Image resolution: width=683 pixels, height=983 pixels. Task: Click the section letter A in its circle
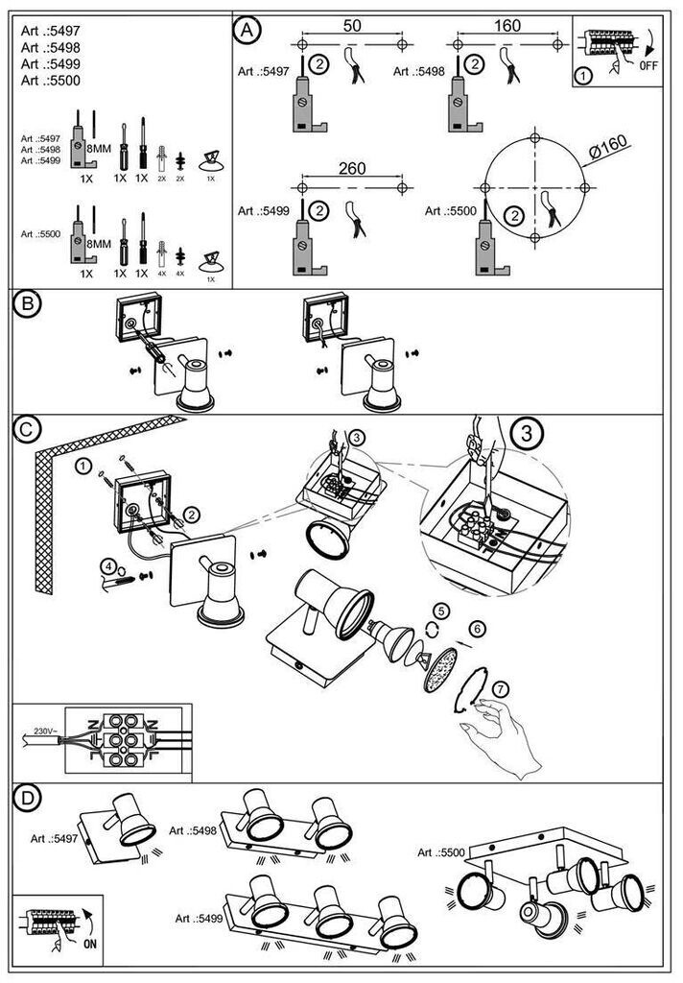point(247,31)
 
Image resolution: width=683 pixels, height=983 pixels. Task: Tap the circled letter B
point(29,304)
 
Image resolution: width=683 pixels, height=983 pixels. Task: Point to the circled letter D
point(29,800)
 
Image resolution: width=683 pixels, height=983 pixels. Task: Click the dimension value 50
point(352,26)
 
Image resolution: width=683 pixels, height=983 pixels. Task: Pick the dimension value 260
point(353,170)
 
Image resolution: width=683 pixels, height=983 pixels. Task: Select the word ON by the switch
point(90,946)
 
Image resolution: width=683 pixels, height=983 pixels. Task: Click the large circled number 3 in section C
point(527,434)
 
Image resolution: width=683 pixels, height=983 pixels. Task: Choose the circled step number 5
point(440,611)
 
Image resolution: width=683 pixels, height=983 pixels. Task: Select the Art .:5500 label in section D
point(443,852)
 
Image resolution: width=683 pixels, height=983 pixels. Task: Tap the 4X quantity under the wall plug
point(162,274)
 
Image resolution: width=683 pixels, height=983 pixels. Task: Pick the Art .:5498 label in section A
point(419,72)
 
